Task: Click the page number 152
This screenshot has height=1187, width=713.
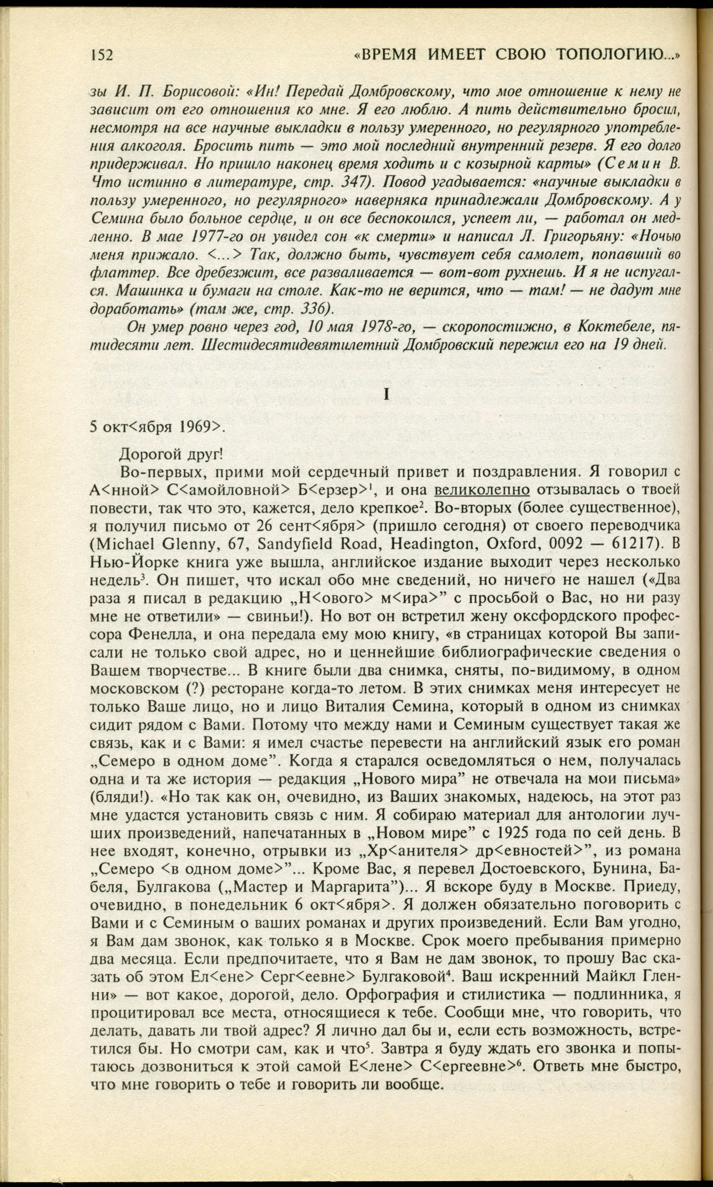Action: pyautogui.click(x=102, y=55)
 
